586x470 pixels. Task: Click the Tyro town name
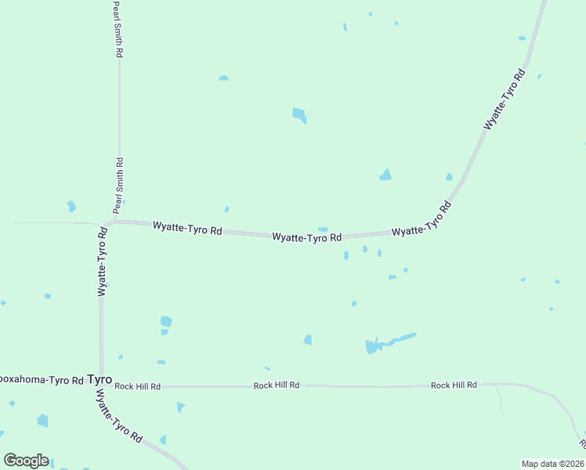click(99, 379)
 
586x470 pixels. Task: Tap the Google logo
click(26, 461)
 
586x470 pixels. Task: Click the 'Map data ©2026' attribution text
click(552, 464)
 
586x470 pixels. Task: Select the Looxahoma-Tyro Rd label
click(42, 380)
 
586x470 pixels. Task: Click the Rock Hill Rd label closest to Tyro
click(137, 386)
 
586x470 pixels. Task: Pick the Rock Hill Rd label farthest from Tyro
click(454, 385)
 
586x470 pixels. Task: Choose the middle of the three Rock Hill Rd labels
click(277, 385)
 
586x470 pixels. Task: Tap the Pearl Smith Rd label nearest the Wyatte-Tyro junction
click(119, 186)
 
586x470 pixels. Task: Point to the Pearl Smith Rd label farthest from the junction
click(118, 29)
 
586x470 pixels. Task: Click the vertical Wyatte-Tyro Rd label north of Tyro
click(102, 262)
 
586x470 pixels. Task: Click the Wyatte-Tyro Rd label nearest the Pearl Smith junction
click(187, 229)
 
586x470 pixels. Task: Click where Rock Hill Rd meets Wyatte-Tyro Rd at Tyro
click(101, 386)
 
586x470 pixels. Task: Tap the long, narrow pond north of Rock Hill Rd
click(388, 342)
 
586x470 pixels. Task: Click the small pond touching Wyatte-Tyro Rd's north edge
click(323, 230)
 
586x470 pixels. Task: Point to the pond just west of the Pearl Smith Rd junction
click(71, 206)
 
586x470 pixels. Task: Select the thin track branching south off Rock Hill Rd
click(499, 400)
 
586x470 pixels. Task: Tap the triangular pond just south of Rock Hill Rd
click(181, 407)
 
